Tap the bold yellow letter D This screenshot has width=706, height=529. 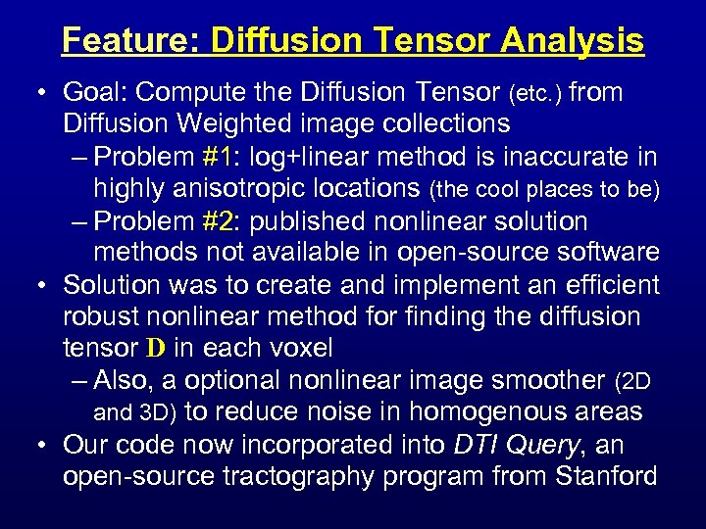[x=155, y=349]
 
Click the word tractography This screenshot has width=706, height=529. [x=348, y=477]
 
